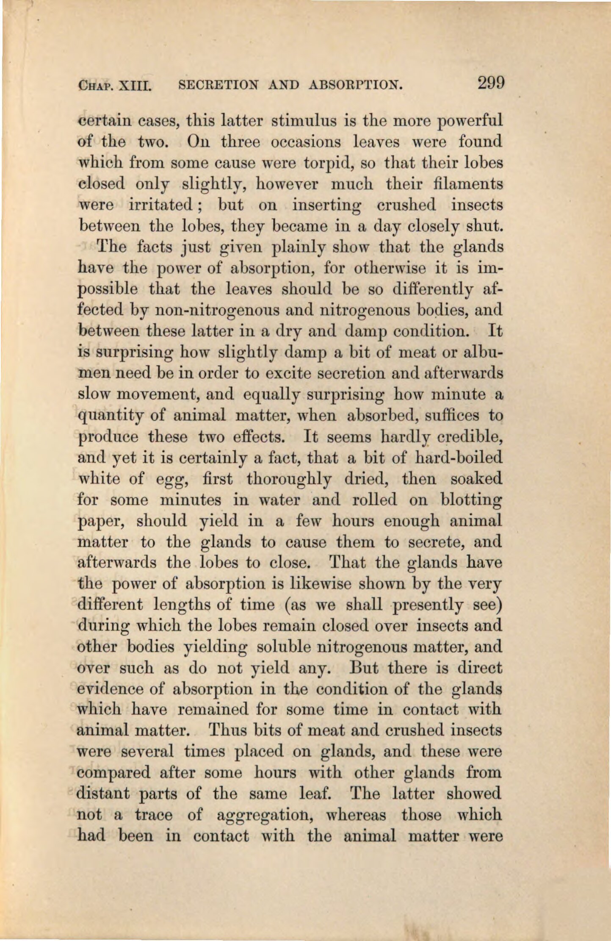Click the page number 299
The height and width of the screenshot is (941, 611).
click(491, 82)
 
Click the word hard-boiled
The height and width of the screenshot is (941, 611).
click(459, 458)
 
